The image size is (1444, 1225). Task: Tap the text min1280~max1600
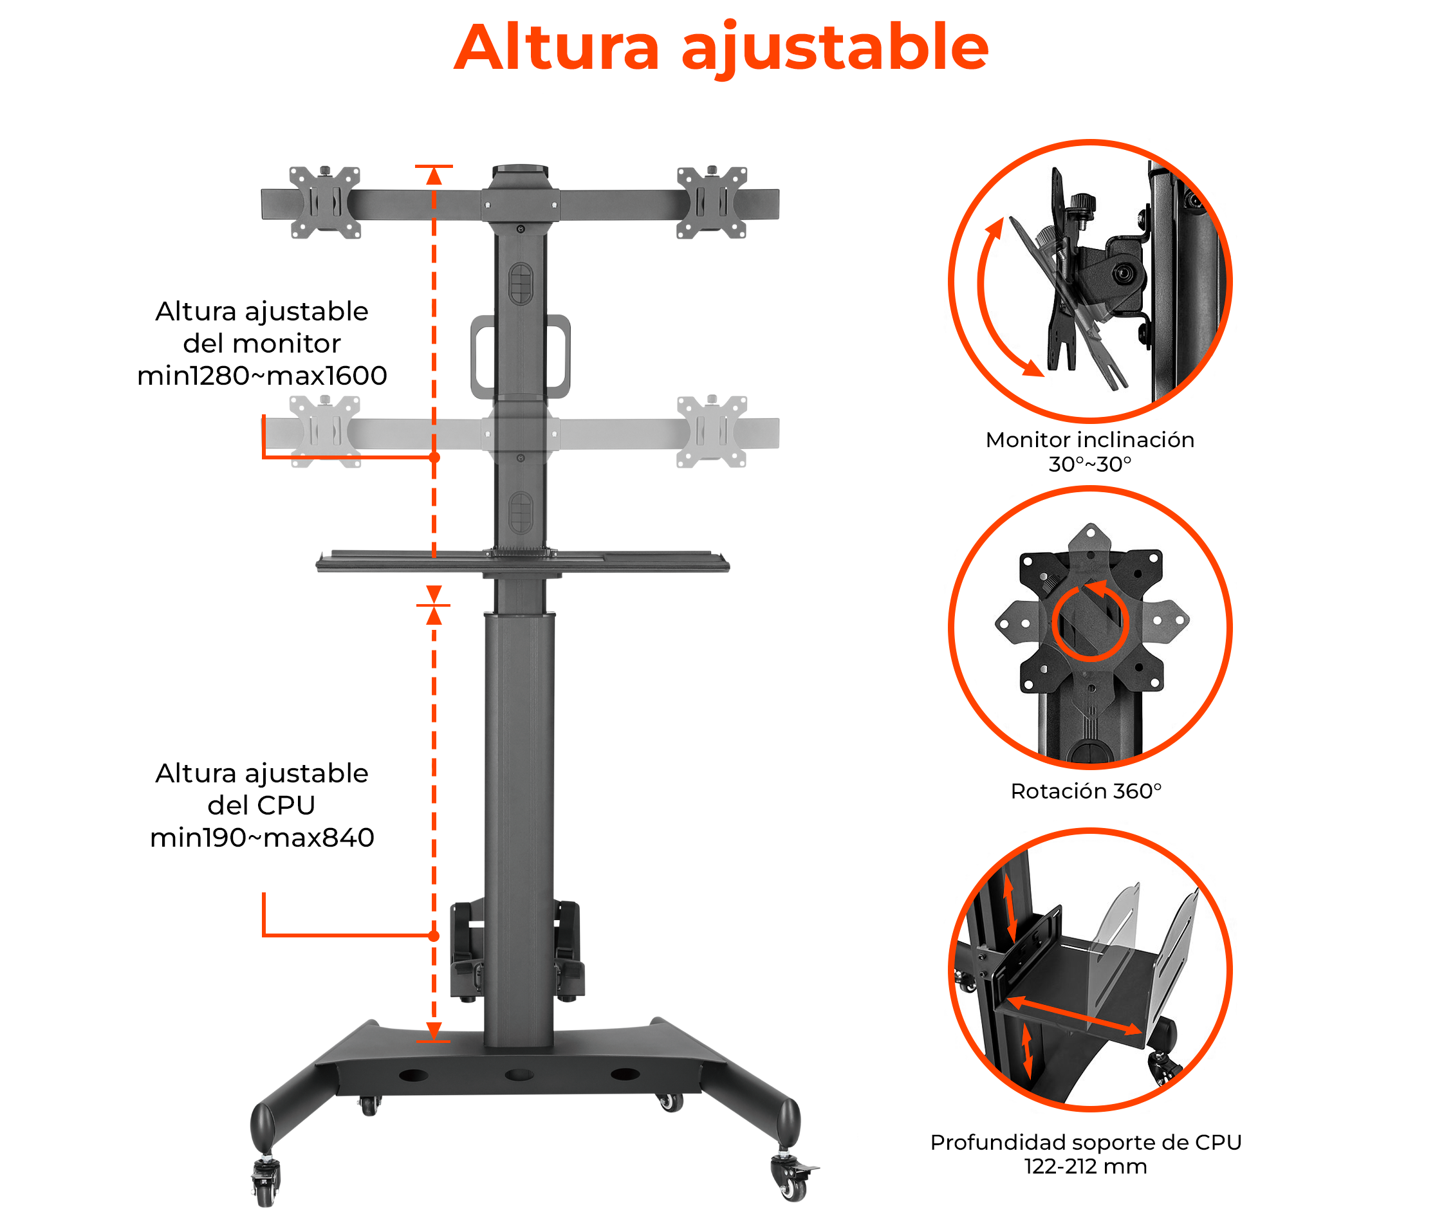point(262,376)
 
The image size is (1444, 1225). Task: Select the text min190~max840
point(262,838)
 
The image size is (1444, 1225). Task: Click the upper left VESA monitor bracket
point(324,202)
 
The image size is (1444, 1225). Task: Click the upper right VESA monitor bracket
point(712,202)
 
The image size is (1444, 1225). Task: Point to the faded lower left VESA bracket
point(324,432)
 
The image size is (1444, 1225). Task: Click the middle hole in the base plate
point(519,1074)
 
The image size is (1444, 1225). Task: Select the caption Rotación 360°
point(1086,791)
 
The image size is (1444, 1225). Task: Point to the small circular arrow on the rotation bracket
point(1090,622)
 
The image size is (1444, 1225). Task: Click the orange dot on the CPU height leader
point(434,936)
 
